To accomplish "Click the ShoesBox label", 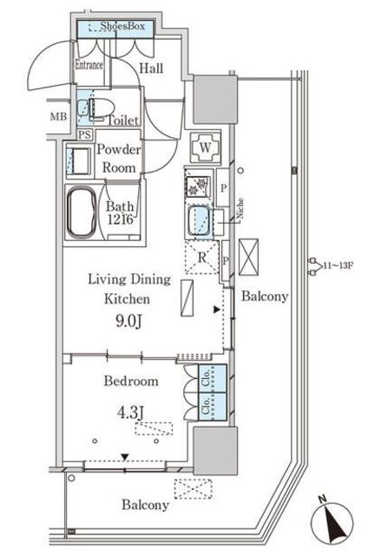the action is click(122, 26).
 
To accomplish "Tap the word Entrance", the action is click(89, 65).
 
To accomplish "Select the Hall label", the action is click(151, 69).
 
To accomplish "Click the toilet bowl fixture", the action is click(102, 108).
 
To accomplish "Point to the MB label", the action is click(58, 116).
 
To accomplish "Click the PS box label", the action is click(85, 134).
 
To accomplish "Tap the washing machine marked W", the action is click(205, 147).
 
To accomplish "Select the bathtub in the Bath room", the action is click(82, 212).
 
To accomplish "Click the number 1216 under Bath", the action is click(121, 219).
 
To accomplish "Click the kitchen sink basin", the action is click(200, 222).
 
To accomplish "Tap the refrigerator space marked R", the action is click(202, 258).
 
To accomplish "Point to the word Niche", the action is click(240, 208).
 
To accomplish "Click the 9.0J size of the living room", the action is click(129, 322).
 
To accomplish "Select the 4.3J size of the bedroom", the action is click(131, 413).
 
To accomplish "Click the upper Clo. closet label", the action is click(205, 378).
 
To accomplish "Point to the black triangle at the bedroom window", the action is click(124, 457).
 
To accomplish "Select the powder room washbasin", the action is click(78, 160).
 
